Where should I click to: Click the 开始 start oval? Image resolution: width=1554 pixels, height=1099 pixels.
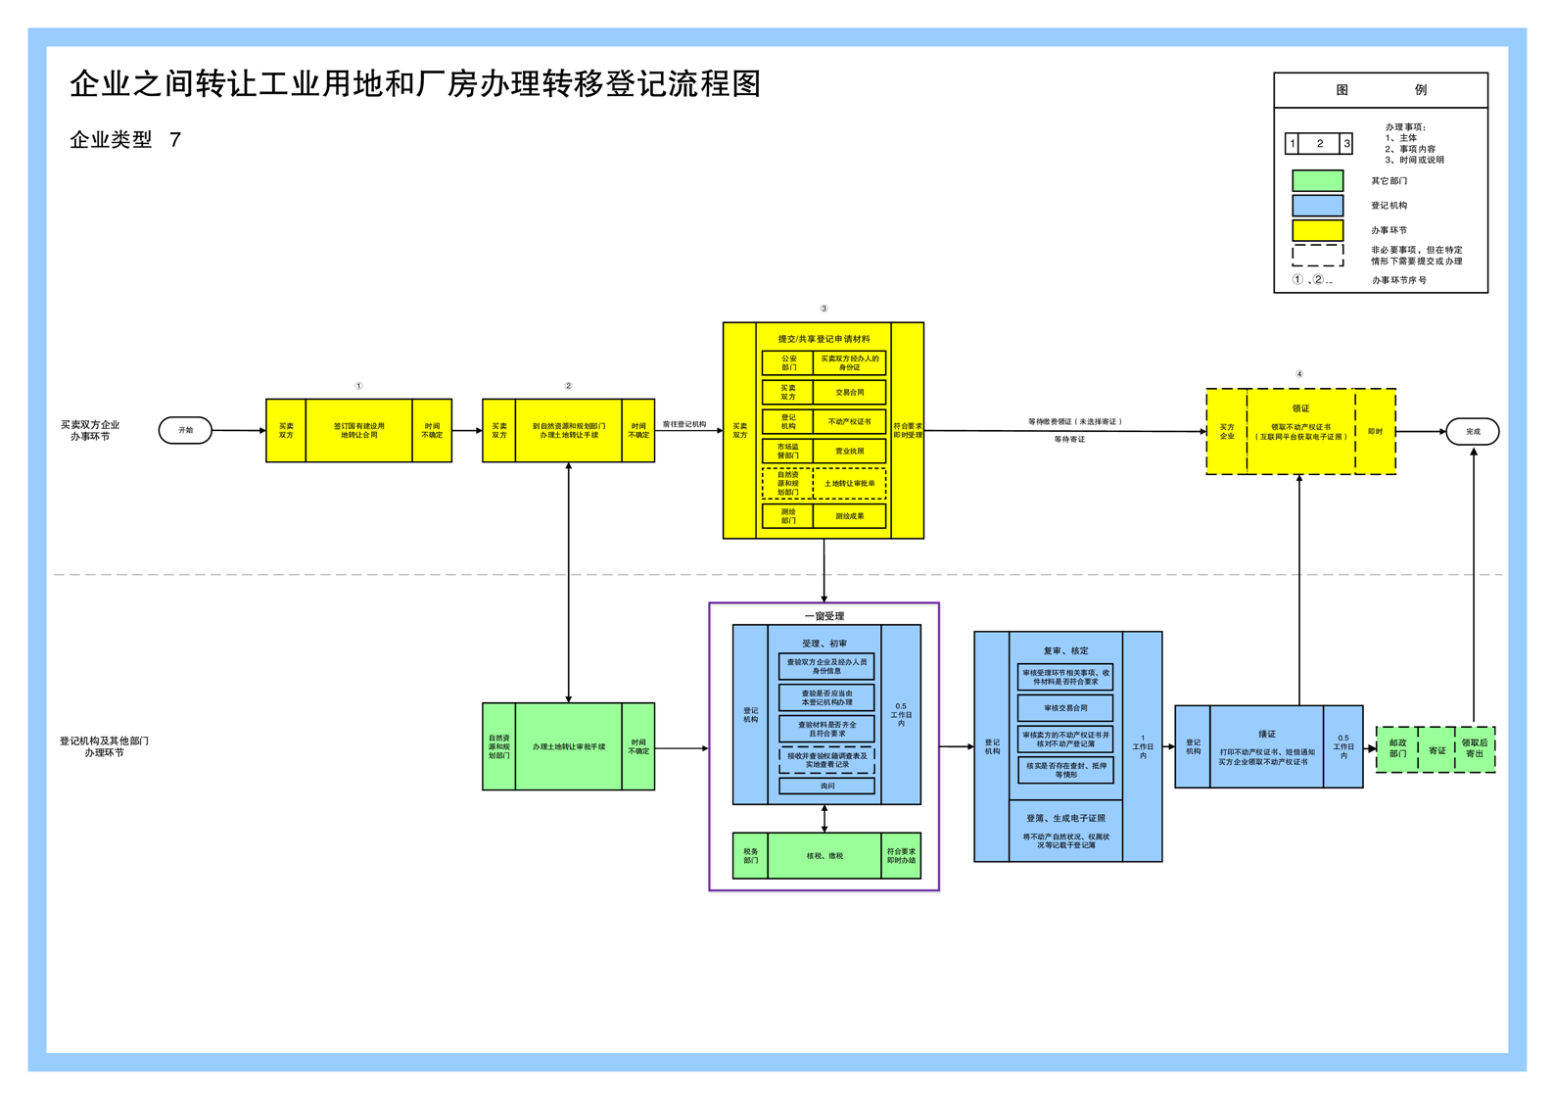pyautogui.click(x=185, y=430)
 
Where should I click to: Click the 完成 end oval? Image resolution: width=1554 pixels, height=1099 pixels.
pyautogui.click(x=1472, y=431)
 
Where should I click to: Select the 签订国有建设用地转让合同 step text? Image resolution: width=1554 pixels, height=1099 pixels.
pyautogui.click(x=358, y=430)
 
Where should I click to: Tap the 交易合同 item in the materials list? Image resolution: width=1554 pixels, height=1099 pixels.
pyautogui.click(x=849, y=392)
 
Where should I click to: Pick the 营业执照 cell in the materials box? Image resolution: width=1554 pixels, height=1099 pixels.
pyautogui.click(x=849, y=452)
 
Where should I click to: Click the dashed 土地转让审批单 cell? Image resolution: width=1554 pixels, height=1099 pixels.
pyautogui.click(x=849, y=483)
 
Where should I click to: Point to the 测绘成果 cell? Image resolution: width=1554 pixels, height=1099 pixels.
pyautogui.click(x=849, y=515)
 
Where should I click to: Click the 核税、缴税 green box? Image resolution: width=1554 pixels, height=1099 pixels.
pyautogui.click(x=824, y=855)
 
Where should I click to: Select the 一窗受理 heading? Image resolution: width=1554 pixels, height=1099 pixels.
pyautogui.click(x=824, y=616)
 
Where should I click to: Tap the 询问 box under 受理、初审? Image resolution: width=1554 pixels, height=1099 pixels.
pyautogui.click(x=826, y=786)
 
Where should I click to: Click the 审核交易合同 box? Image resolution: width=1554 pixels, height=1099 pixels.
pyautogui.click(x=1065, y=707)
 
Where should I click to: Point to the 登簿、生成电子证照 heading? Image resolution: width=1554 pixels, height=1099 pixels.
pyautogui.click(x=1065, y=818)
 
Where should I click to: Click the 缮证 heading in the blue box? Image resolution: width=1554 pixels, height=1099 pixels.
pyautogui.click(x=1266, y=734)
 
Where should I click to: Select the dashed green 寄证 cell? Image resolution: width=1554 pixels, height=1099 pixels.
pyautogui.click(x=1436, y=750)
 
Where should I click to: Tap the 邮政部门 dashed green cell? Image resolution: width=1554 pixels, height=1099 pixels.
pyautogui.click(x=1397, y=748)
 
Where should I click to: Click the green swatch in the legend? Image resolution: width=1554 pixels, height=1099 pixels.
pyautogui.click(x=1317, y=180)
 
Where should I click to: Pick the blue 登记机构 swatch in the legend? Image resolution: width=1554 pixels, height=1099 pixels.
pyautogui.click(x=1317, y=205)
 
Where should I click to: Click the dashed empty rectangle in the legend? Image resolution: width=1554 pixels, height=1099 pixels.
pyautogui.click(x=1317, y=255)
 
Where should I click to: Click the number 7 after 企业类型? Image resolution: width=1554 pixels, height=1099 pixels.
pyautogui.click(x=175, y=140)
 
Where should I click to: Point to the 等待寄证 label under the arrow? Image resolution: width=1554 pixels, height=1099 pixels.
pyautogui.click(x=1069, y=440)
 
